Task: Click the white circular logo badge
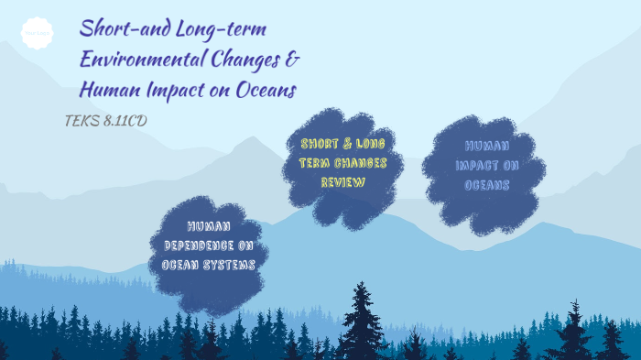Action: click(x=37, y=34)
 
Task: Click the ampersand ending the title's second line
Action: click(x=293, y=60)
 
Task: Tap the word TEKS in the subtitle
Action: click(x=81, y=120)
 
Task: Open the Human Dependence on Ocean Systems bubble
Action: click(x=209, y=245)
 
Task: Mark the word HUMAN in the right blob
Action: click(x=487, y=146)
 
